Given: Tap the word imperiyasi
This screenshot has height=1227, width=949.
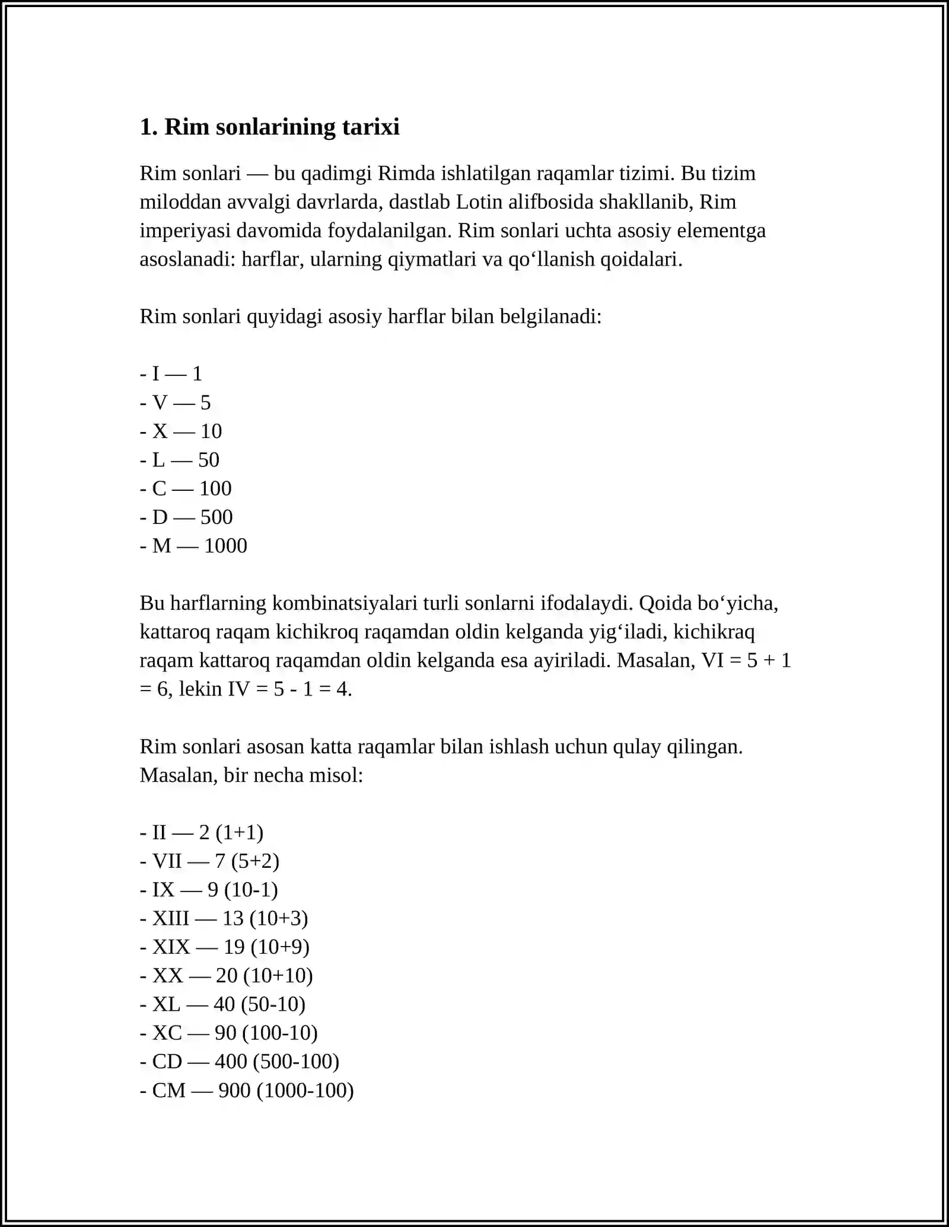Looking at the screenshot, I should coord(185,231).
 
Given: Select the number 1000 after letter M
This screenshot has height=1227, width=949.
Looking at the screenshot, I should coord(225,546).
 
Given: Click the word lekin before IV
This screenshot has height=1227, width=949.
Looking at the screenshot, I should coord(200,689).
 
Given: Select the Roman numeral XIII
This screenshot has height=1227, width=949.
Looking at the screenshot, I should coord(171,919).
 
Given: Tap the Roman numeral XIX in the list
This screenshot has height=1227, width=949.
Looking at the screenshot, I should coord(171,947).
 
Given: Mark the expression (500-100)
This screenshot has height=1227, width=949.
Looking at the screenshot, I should coord(296,1062).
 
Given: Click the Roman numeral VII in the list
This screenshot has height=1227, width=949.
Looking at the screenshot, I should coord(167,861).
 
